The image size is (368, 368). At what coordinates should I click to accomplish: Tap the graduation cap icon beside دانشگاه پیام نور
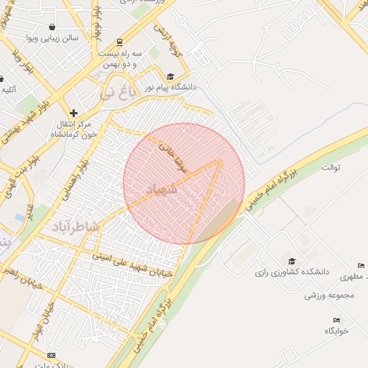pyautogui.click(x=170, y=76)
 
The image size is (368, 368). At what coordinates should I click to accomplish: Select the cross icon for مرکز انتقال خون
pyautogui.click(x=73, y=113)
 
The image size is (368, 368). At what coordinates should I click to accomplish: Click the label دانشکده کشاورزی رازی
pyautogui.click(x=291, y=272)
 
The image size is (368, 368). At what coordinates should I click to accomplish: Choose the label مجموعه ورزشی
pyautogui.click(x=329, y=295)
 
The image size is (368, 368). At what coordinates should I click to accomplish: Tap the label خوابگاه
pyautogui.click(x=336, y=330)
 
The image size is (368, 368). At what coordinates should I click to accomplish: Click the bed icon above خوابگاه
pyautogui.click(x=336, y=320)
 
